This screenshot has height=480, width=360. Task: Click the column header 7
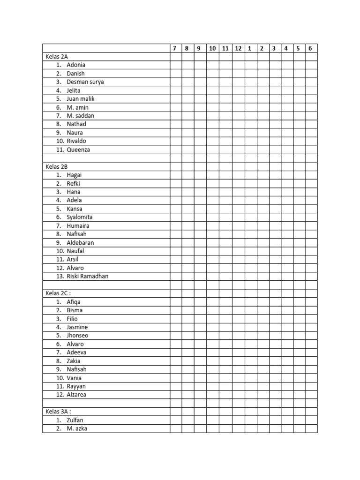click(174, 48)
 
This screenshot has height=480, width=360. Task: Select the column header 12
click(238, 48)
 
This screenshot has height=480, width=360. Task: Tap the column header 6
click(310, 48)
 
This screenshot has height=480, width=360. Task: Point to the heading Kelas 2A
click(57, 57)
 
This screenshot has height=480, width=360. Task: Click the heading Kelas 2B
click(57, 166)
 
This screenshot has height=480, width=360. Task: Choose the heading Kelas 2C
click(58, 293)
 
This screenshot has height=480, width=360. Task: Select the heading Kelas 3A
click(58, 412)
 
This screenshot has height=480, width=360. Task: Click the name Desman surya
click(85, 82)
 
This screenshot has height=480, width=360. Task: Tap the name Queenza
click(78, 150)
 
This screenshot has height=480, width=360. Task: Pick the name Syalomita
click(80, 217)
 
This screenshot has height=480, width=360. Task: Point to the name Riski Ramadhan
click(88, 277)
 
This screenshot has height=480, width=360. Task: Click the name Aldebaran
click(80, 243)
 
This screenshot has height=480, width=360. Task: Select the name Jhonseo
click(77, 336)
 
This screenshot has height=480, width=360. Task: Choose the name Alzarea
click(76, 395)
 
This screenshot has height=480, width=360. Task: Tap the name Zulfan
click(75, 420)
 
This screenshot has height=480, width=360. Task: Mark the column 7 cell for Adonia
click(175, 65)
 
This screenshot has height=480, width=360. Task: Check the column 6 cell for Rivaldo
click(311, 141)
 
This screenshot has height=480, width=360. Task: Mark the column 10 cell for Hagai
click(212, 175)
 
